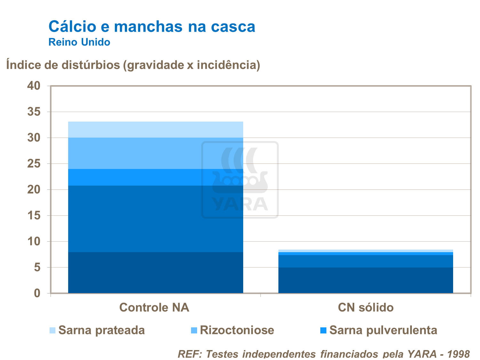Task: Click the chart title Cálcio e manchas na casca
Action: (x=152, y=27)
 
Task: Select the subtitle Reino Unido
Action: (x=79, y=42)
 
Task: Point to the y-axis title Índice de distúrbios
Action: (x=133, y=65)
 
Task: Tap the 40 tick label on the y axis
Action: (x=34, y=86)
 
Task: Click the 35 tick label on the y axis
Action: (x=34, y=112)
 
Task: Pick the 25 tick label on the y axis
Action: (x=34, y=164)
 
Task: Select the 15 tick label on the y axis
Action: (x=34, y=216)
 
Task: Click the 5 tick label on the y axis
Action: (x=37, y=268)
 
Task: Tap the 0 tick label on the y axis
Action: (x=37, y=293)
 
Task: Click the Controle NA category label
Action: (x=154, y=308)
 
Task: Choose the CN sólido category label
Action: (x=366, y=308)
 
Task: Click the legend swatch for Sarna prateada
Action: (x=52, y=330)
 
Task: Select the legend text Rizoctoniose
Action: (x=237, y=330)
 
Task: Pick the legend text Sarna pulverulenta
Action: (x=383, y=330)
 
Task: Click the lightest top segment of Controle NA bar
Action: (x=156, y=130)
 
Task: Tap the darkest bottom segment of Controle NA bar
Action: (x=156, y=273)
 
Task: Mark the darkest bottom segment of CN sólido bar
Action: (x=366, y=280)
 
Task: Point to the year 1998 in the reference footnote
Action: (x=458, y=354)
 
